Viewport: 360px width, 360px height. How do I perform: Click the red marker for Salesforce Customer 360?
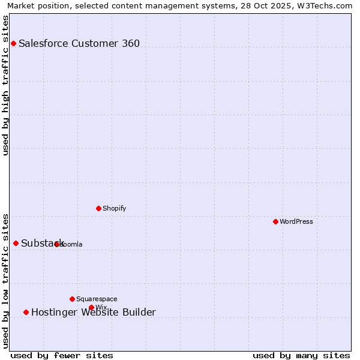point(13,43)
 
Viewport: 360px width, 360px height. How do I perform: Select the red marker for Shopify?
point(98,208)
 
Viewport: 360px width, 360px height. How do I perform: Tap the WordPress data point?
point(275,221)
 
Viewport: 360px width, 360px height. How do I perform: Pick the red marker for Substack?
point(16,243)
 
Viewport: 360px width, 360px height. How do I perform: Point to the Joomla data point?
point(56,244)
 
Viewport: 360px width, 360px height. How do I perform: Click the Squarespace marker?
point(72,299)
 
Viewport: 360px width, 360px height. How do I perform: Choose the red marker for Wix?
point(91,307)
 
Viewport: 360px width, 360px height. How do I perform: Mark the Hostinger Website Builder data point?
point(26,312)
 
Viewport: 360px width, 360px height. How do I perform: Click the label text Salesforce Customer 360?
point(79,43)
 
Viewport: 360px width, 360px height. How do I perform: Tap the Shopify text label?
point(114,208)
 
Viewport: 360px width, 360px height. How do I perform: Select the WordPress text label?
point(296,221)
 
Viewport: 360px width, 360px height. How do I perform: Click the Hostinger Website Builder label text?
point(94,312)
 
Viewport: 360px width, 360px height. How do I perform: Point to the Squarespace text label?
point(97,299)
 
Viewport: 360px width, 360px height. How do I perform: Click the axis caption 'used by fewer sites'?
point(62,355)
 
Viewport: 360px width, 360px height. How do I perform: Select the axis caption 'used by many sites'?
point(301,355)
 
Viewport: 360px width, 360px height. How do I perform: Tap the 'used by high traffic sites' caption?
point(5,85)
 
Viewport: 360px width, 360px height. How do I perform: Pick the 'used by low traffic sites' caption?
point(5,281)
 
